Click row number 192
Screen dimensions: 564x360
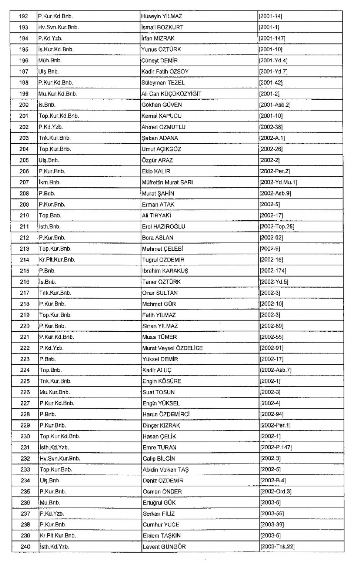point(24,16)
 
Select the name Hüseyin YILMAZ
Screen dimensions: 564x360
point(162,16)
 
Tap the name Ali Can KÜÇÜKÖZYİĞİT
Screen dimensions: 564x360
point(171,94)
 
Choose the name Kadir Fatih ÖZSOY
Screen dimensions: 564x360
point(165,72)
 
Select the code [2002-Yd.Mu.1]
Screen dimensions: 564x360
point(278,183)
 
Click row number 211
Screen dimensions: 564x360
point(24,227)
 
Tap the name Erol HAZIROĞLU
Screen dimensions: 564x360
point(163,227)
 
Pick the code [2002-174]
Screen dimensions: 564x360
point(273,271)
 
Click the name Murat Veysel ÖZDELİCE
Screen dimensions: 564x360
point(172,348)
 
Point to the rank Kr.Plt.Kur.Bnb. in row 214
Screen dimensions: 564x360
point(57,260)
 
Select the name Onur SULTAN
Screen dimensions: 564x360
point(160,293)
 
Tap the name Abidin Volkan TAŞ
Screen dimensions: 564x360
point(165,470)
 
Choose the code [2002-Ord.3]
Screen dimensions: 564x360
point(276,492)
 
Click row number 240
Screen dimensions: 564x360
point(25,547)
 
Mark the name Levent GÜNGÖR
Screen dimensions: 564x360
point(164,547)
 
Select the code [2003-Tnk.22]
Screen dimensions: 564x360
point(277,547)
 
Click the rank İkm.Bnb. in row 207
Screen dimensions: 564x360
point(49,183)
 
